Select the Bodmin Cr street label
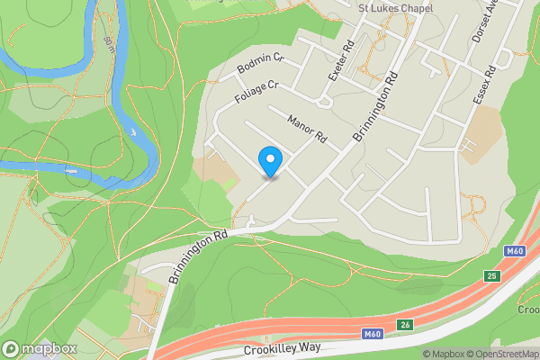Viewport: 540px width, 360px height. pos(260,64)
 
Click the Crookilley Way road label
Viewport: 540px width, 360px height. pos(283,350)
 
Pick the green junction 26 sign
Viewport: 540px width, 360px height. pos(407,325)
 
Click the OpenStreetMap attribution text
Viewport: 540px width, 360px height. pos(501,353)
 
